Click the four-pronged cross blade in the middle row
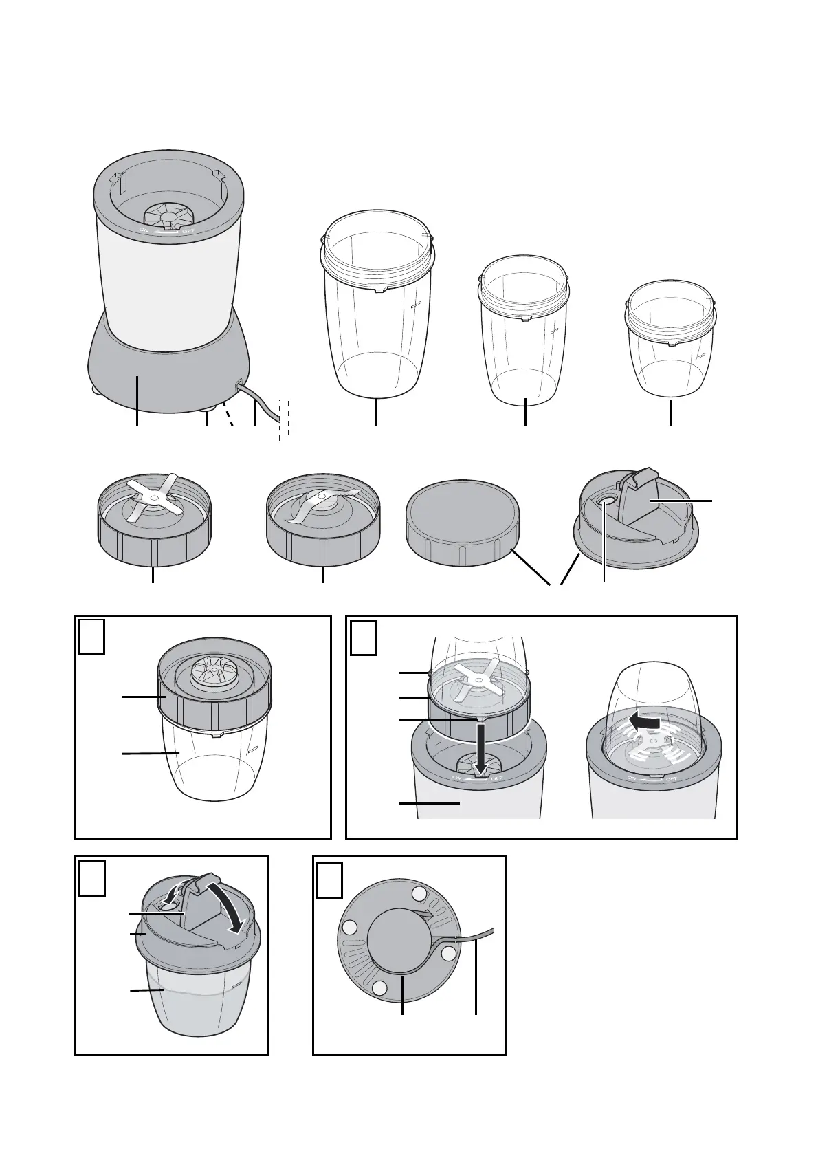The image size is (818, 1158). pyautogui.click(x=153, y=496)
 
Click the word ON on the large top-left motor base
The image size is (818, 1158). pyautogui.click(x=144, y=230)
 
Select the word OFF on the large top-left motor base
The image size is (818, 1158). pyautogui.click(x=188, y=230)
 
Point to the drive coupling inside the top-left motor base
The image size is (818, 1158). pyautogui.click(x=167, y=215)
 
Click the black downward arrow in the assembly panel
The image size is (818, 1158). pyautogui.click(x=480, y=747)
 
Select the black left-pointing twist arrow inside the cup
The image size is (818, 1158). pyautogui.click(x=643, y=723)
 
